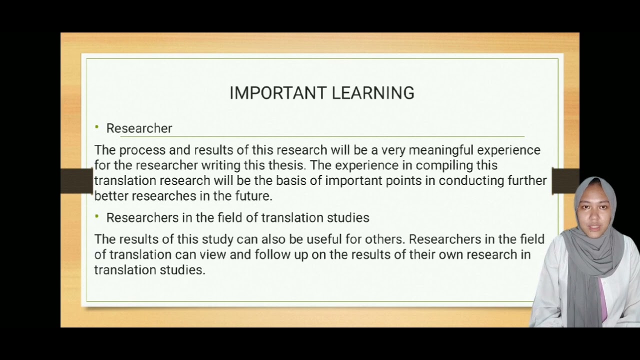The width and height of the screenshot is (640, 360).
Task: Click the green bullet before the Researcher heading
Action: coord(97,127)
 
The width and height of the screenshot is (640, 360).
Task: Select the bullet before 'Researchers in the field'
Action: coord(97,216)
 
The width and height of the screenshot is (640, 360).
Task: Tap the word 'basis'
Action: coord(291,180)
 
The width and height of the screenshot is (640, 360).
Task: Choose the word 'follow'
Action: coord(270,254)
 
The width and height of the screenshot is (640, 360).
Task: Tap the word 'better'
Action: coord(111,196)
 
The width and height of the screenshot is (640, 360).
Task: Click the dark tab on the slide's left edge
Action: coord(76,180)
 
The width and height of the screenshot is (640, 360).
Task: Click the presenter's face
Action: coord(595,210)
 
